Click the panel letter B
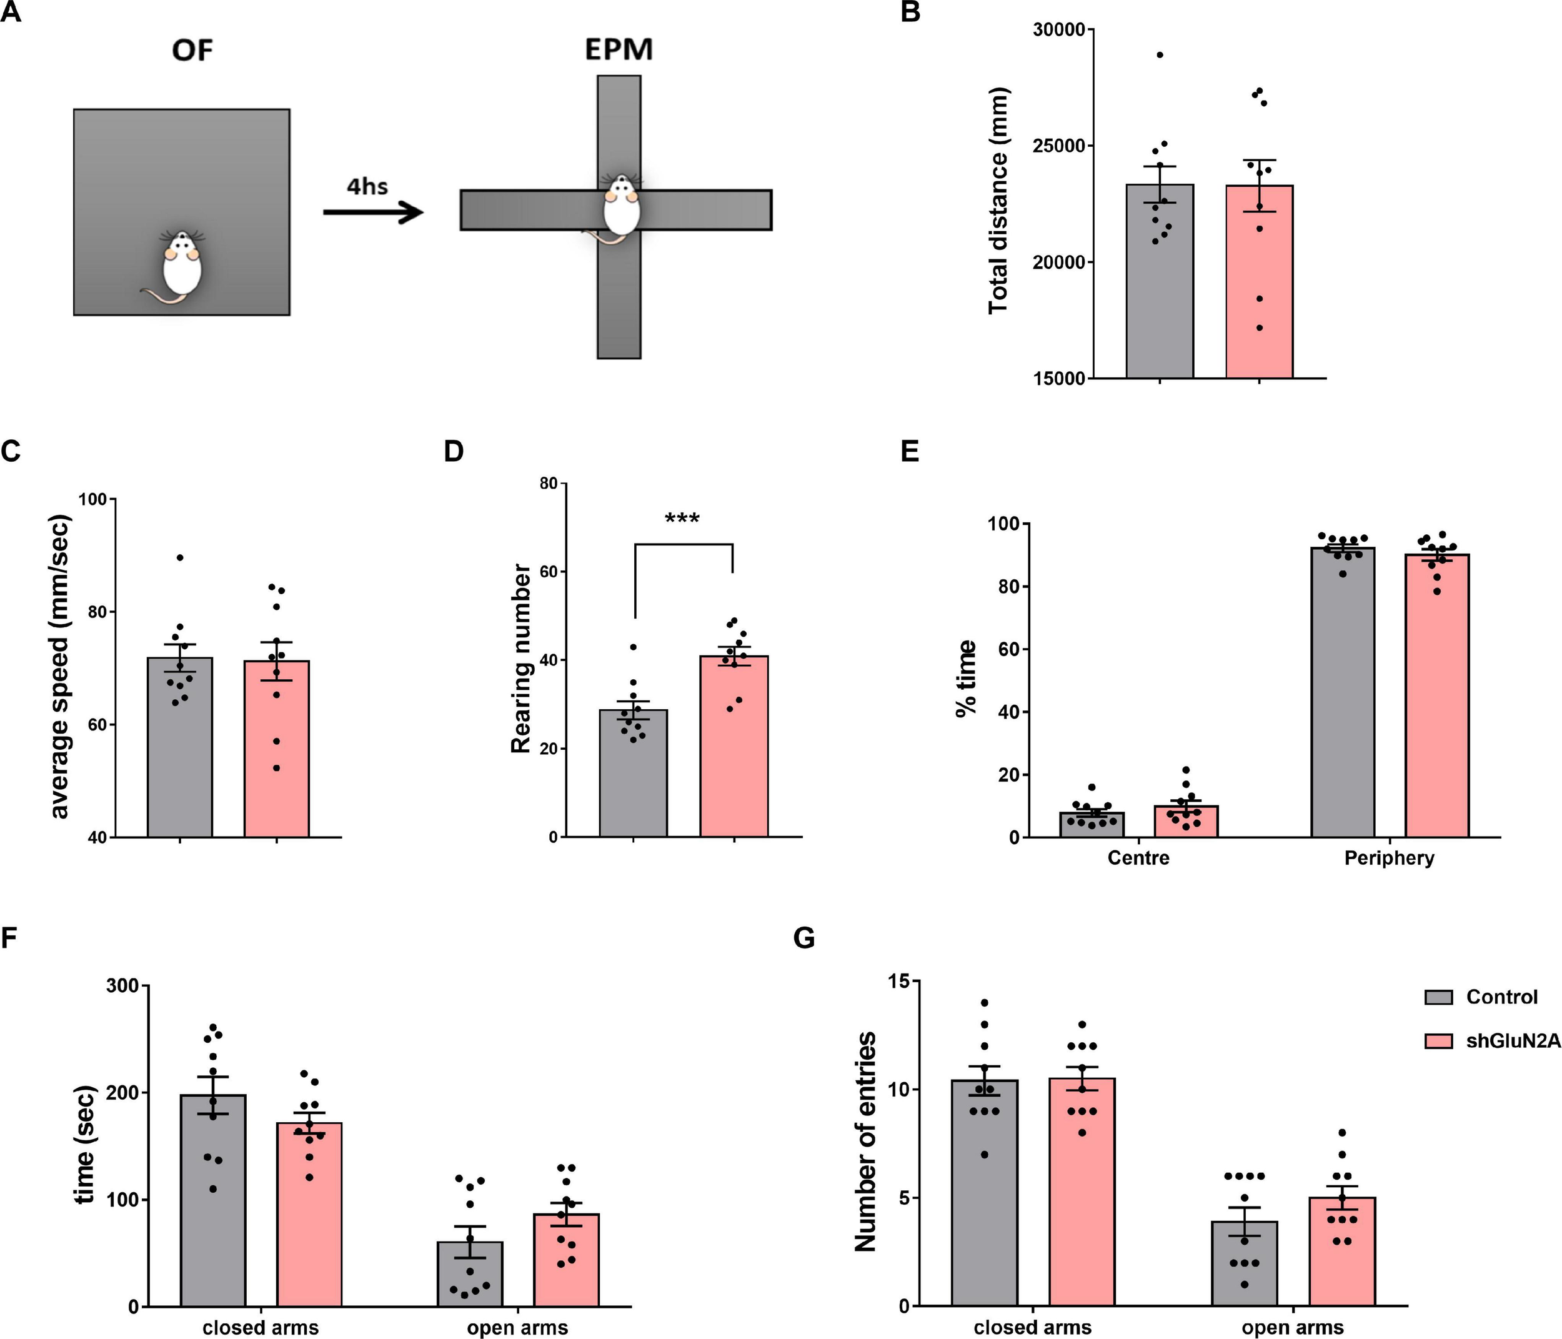911,13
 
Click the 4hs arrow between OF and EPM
372,212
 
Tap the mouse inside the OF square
181,266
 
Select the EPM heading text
619,50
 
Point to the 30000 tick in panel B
1059,29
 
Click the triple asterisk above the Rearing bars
682,519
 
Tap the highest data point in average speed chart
180,557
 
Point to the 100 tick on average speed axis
94,499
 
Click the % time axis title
966,678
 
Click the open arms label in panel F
517,1327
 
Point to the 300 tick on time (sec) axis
122,985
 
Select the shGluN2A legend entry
1511,1041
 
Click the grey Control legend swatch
1438,997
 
